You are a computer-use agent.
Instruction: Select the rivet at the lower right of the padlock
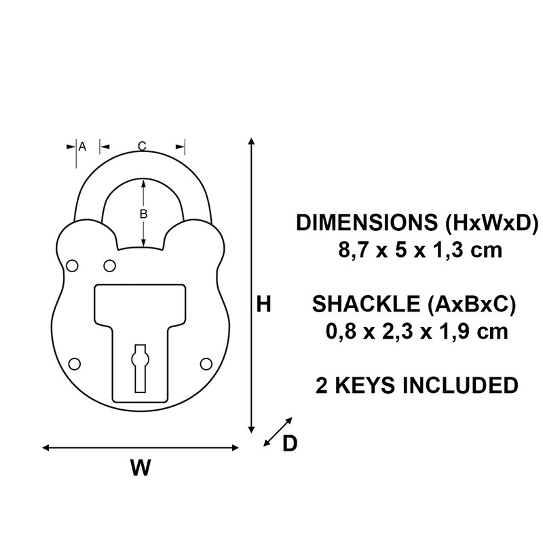205,364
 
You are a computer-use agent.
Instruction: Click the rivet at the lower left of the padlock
75,364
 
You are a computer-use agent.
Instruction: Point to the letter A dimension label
82,146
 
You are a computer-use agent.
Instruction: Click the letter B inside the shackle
143,214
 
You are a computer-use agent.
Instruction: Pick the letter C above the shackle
142,146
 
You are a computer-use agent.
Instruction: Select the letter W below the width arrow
140,468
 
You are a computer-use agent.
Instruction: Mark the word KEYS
358,385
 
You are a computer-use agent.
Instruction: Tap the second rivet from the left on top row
109,264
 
